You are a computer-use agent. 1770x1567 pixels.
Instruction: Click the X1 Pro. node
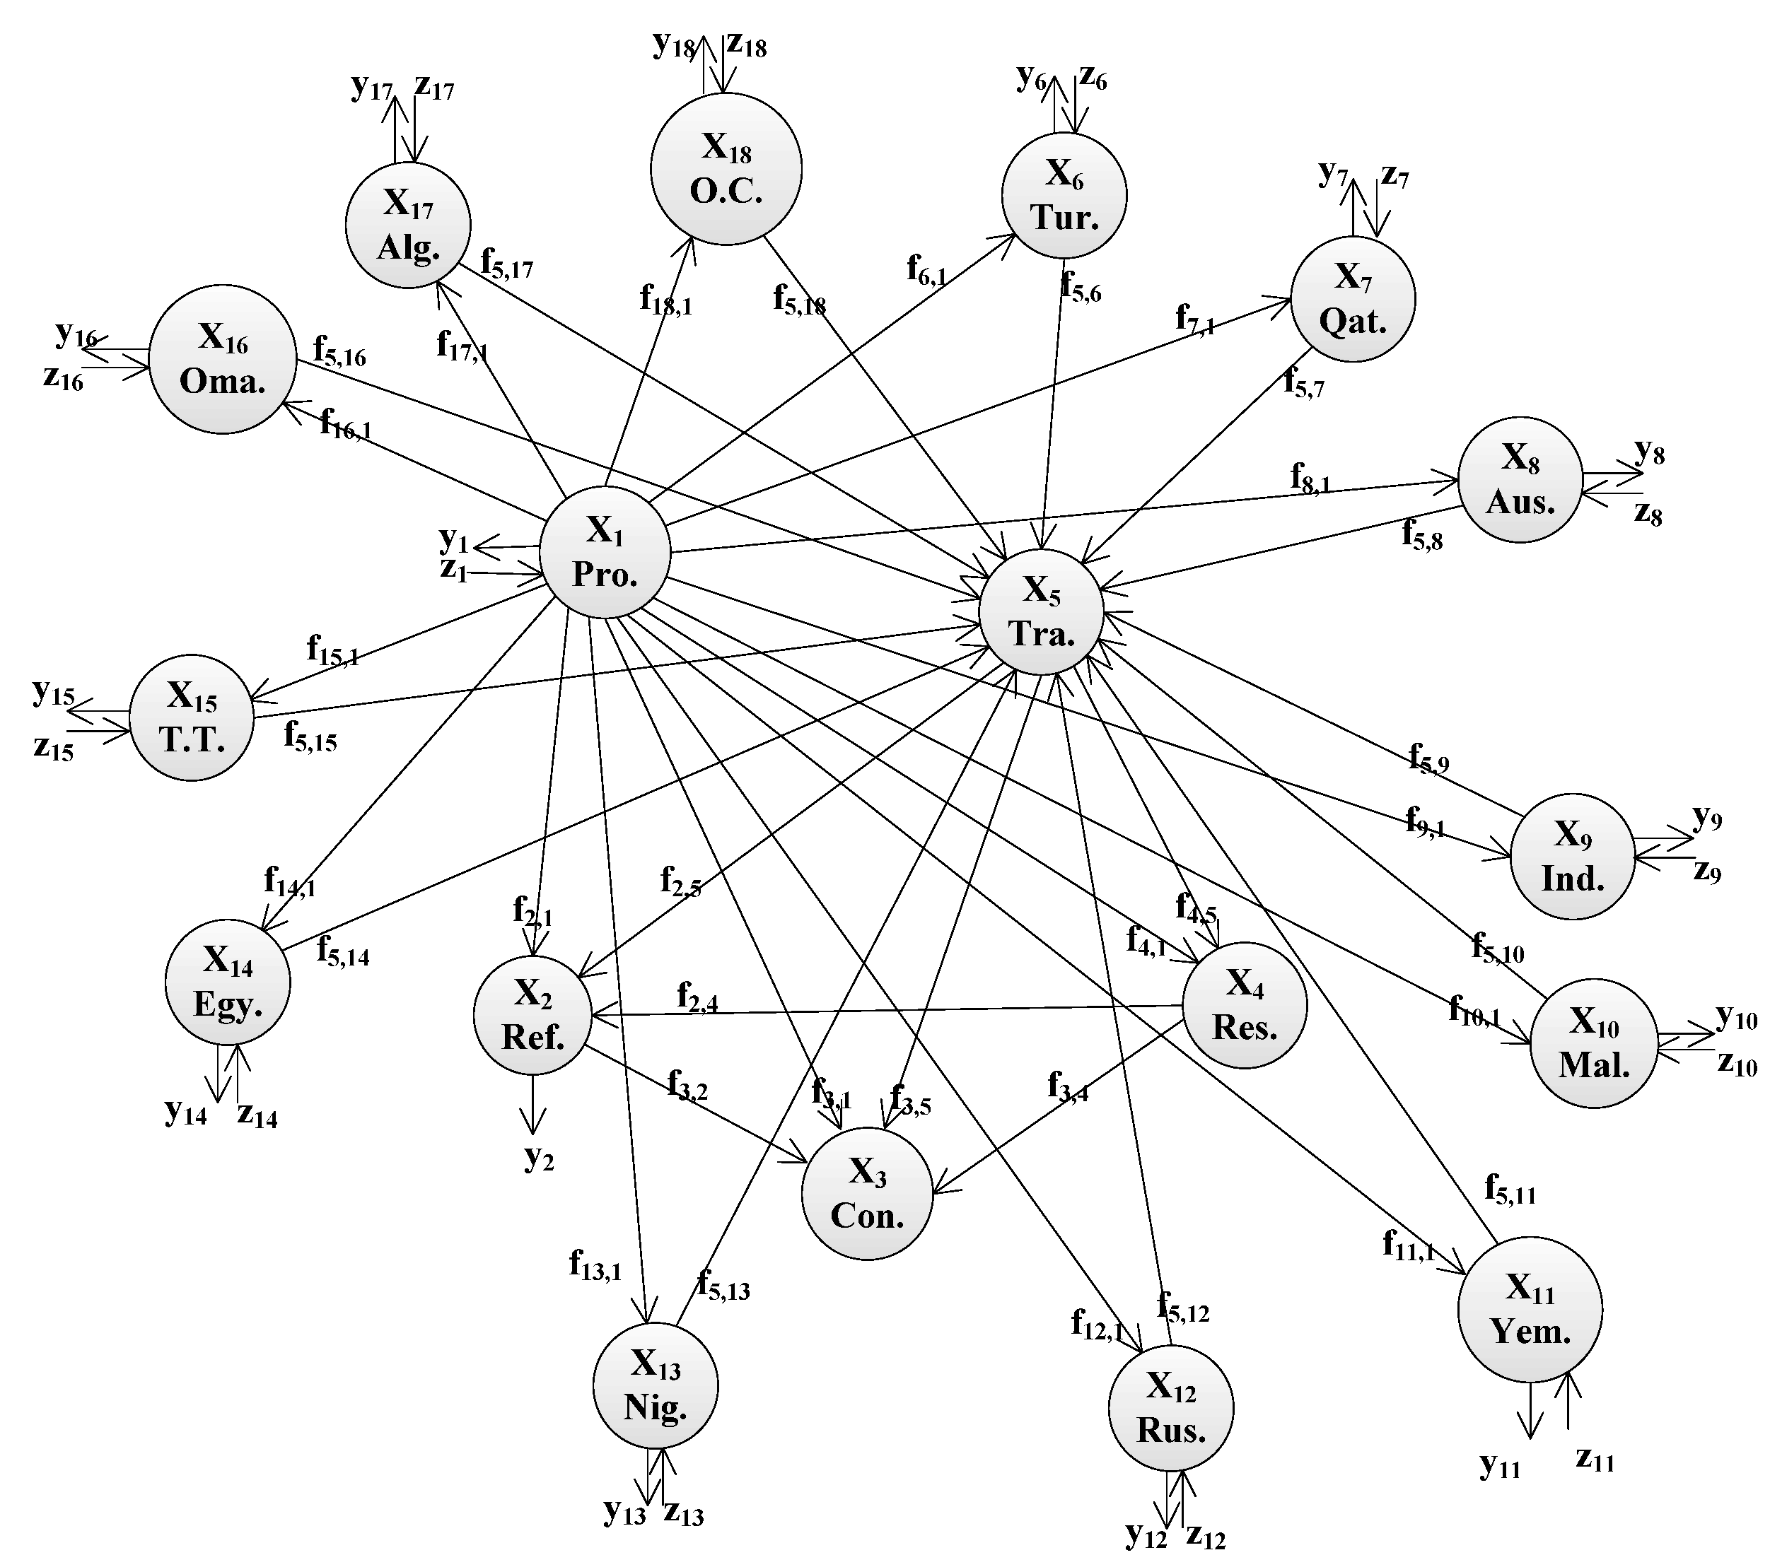(x=605, y=551)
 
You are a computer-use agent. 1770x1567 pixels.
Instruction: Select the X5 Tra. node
(x=1041, y=611)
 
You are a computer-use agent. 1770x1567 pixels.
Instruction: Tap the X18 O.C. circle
(x=726, y=169)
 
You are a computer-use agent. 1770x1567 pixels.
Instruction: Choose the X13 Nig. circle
(x=655, y=1385)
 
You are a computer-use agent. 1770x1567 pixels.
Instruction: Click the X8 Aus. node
(x=1520, y=480)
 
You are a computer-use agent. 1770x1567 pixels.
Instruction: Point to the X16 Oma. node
(x=223, y=358)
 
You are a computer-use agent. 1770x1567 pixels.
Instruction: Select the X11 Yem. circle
(x=1530, y=1308)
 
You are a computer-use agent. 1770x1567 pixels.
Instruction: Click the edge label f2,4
(x=697, y=997)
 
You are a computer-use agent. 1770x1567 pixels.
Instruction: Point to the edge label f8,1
(x=1310, y=478)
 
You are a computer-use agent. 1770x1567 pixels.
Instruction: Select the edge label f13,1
(x=595, y=1266)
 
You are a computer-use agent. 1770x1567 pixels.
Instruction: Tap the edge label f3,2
(x=687, y=1086)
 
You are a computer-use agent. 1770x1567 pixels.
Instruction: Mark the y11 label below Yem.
(x=1500, y=1465)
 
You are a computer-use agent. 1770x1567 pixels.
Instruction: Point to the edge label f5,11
(x=1510, y=1189)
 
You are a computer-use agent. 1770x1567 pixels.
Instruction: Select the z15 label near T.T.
(x=54, y=747)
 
